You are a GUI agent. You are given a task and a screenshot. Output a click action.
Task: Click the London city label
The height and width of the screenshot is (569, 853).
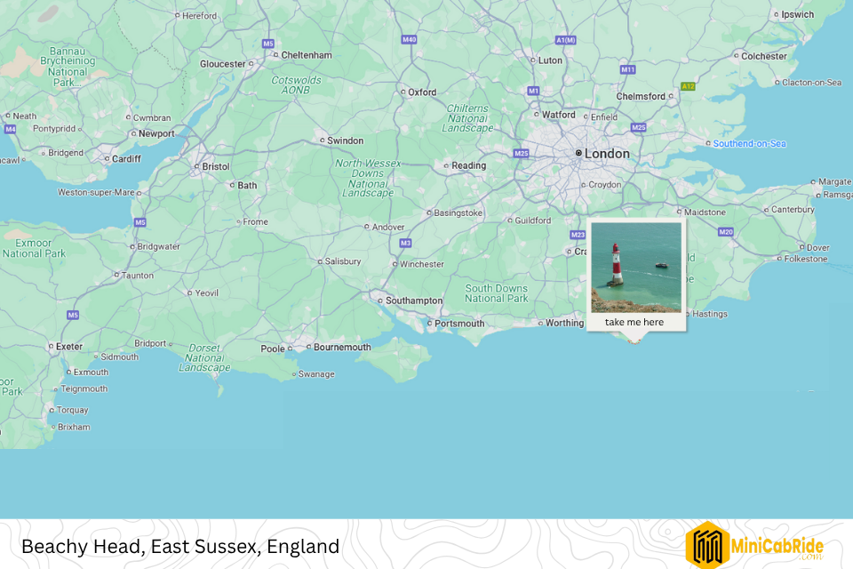(607, 154)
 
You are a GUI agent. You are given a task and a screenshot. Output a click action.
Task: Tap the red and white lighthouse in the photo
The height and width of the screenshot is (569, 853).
(615, 264)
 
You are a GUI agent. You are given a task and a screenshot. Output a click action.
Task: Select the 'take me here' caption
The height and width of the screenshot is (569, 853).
(634, 322)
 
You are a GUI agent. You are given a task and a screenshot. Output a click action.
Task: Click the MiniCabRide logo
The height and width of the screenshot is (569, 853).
(754, 544)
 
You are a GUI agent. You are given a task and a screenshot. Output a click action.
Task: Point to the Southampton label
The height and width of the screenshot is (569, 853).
(413, 301)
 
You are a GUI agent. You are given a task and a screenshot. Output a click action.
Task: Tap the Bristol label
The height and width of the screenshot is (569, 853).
(216, 166)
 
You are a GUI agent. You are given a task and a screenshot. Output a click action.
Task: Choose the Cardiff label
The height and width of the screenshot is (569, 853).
(126, 159)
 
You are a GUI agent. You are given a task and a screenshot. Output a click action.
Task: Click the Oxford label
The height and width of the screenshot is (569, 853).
(422, 92)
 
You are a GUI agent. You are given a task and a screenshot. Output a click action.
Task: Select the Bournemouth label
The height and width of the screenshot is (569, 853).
(342, 347)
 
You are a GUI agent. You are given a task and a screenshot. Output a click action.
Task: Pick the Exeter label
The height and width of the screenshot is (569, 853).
(69, 346)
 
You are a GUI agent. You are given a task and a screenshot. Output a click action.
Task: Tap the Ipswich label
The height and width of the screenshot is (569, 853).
(797, 14)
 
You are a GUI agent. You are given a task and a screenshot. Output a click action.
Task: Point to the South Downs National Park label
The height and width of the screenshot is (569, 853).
(497, 293)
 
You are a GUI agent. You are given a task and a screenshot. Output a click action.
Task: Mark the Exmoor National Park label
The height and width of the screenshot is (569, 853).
(34, 247)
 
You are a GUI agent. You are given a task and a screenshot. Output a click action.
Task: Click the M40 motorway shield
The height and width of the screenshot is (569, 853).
(409, 40)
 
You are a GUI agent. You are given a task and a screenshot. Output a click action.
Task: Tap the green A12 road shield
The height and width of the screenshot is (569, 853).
(687, 86)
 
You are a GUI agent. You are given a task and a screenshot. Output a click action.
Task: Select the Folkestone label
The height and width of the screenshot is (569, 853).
(806, 260)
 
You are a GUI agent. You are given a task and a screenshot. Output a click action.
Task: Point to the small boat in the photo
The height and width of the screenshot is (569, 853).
(661, 265)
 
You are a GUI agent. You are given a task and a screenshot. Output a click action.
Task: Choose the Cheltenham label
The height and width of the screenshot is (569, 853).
(307, 55)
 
